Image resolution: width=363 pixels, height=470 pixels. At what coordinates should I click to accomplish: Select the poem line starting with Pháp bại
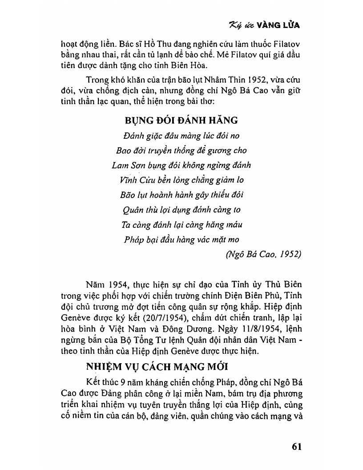[181, 240]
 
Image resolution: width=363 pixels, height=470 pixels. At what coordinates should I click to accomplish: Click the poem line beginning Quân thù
[181, 210]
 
